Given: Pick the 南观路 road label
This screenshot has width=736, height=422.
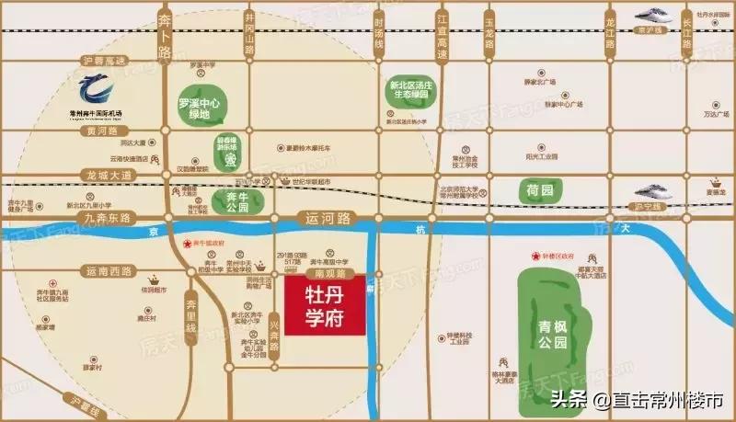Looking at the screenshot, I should pyautogui.click(x=328, y=273).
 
